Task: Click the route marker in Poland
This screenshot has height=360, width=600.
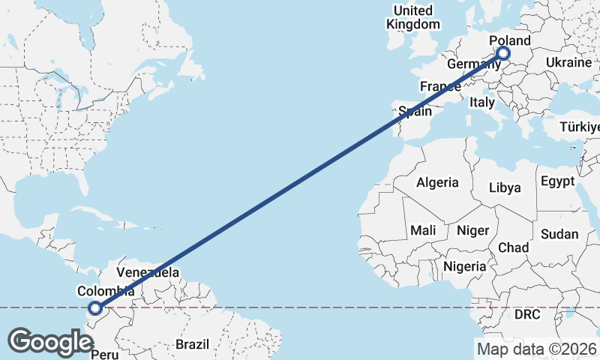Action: click(502, 53)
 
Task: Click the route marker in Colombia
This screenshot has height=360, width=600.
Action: click(95, 307)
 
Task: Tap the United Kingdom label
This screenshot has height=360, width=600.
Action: click(413, 17)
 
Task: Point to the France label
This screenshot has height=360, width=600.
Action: click(440, 87)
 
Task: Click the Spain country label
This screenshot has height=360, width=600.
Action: click(415, 112)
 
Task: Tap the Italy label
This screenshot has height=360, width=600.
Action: click(482, 101)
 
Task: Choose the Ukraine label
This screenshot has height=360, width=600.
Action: click(568, 62)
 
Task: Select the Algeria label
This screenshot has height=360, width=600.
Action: click(437, 182)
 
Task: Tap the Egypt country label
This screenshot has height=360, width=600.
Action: click(557, 181)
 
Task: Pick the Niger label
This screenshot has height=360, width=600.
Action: click(473, 231)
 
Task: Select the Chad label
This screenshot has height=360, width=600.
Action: click(514, 247)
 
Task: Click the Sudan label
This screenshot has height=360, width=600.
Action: click(559, 234)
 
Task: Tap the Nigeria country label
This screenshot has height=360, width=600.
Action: click(465, 266)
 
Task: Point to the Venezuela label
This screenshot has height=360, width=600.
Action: click(148, 271)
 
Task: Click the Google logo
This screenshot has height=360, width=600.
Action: click(51, 341)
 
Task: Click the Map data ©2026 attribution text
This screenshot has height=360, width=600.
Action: click(536, 348)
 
